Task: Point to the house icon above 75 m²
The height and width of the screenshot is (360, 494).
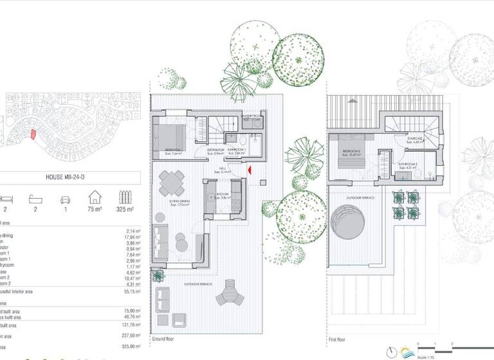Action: (x=95, y=196)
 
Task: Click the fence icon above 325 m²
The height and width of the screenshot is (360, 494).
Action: (x=125, y=196)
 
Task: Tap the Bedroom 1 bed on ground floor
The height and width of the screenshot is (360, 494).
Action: (x=169, y=136)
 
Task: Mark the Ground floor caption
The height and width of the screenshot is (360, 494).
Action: (x=163, y=338)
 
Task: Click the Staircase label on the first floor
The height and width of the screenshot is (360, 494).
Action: (x=415, y=139)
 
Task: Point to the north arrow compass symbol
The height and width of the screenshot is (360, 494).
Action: (x=391, y=351)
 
